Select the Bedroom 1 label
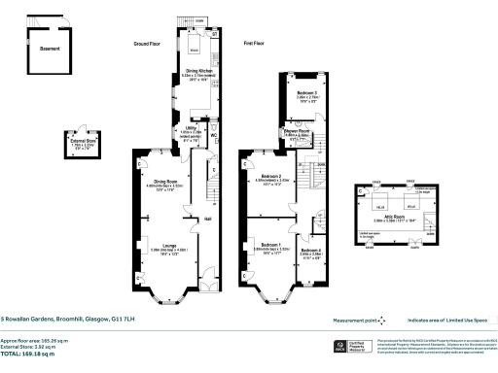pyautogui.click(x=267, y=244)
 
